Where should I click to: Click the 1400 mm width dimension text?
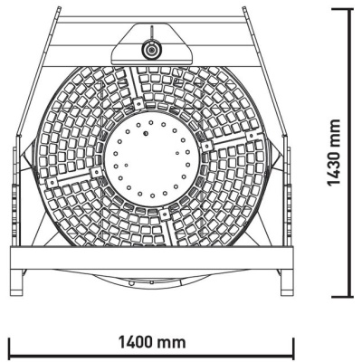point(152,343)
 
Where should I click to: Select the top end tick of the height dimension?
point(351,8)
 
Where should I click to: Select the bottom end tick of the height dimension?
point(351,296)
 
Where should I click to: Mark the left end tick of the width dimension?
point(9,348)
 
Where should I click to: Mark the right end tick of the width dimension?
point(294,348)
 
